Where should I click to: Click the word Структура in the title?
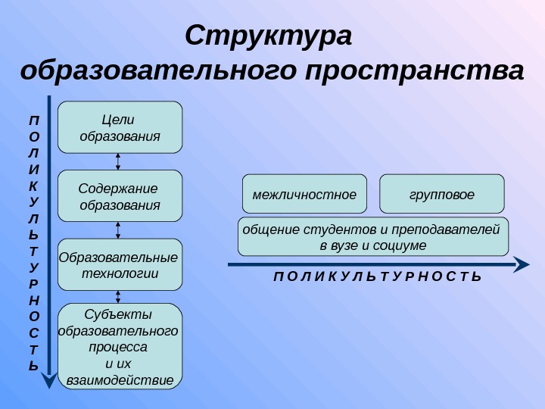pyautogui.click(x=269, y=36)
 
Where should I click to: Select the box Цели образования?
pyautogui.click(x=120, y=127)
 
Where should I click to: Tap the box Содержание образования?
pyautogui.click(x=120, y=196)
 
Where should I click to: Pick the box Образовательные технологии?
pyautogui.click(x=120, y=264)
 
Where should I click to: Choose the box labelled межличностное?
pyautogui.click(x=304, y=194)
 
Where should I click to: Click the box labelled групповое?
pyautogui.click(x=441, y=194)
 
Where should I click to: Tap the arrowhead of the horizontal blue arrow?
pyautogui.click(x=522, y=264)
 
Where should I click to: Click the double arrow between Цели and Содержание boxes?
pyautogui.click(x=119, y=161)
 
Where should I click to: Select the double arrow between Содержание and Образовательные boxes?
pyautogui.click(x=119, y=230)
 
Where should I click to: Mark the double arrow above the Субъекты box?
pyautogui.click(x=119, y=297)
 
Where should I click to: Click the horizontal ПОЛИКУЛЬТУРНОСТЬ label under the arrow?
pyautogui.click(x=377, y=278)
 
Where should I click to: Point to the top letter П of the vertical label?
pyautogui.click(x=33, y=120)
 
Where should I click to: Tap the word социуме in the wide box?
pyautogui.click(x=404, y=246)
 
